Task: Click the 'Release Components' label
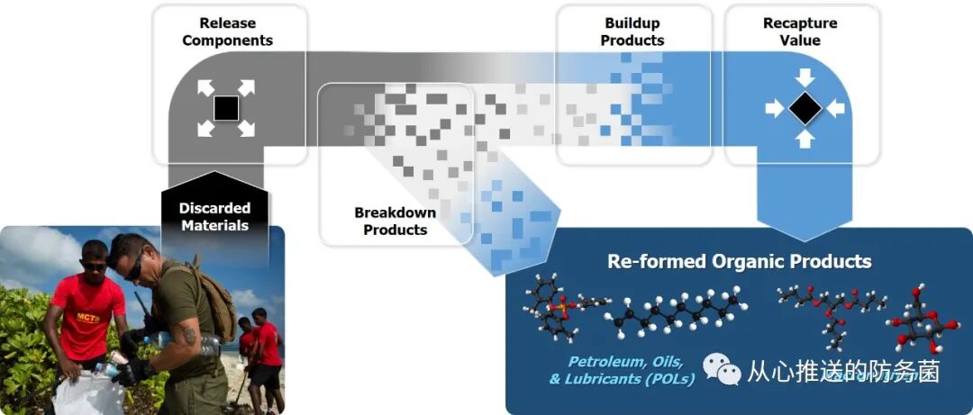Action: click(x=227, y=32)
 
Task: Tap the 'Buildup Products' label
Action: click(x=632, y=32)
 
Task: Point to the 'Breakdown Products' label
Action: click(x=395, y=221)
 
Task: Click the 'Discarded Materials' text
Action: click(x=214, y=216)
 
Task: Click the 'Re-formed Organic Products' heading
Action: click(x=739, y=262)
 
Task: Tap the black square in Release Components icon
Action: click(x=226, y=109)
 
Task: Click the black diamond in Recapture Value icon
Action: click(x=805, y=109)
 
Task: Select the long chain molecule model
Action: click(x=676, y=316)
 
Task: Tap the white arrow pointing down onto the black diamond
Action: click(x=805, y=77)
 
